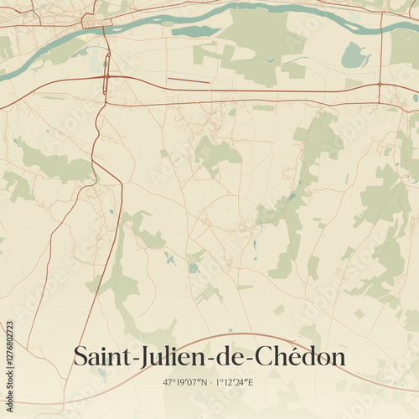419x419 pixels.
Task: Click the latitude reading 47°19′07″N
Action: point(185,382)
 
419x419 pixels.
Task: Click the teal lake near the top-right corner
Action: point(355,56)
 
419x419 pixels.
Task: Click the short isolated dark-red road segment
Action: point(189,80)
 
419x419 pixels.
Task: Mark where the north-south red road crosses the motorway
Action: point(106,77)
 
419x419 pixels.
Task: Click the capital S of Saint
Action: point(81,356)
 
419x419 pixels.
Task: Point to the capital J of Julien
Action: point(138,356)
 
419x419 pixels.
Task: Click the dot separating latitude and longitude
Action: point(209,382)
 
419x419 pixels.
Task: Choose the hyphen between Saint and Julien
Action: point(129,359)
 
